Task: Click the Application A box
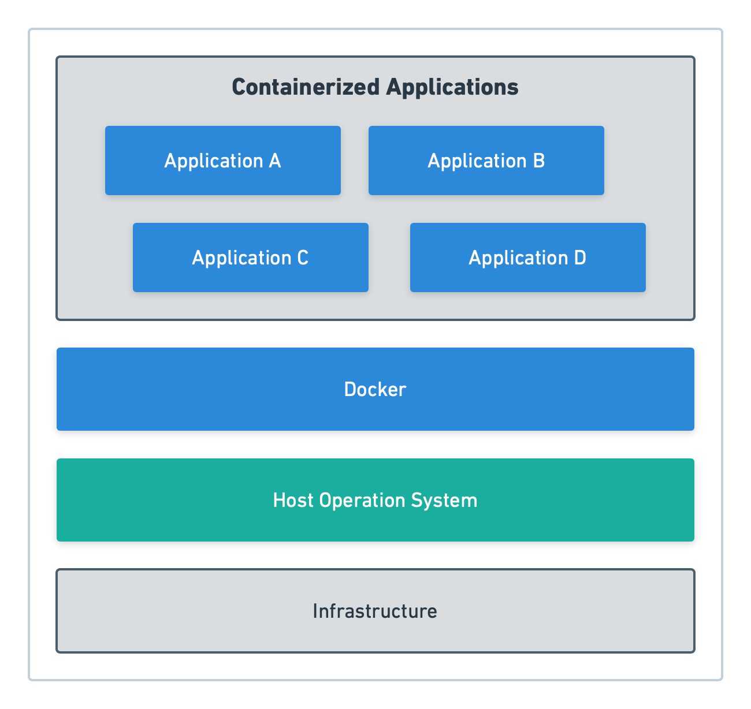click(x=222, y=161)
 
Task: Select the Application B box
click(x=486, y=161)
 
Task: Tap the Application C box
click(x=250, y=258)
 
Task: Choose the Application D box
click(x=527, y=258)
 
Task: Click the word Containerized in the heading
click(x=306, y=87)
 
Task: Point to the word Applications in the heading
click(x=452, y=87)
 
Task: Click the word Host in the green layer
click(x=293, y=500)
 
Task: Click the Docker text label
click(x=375, y=389)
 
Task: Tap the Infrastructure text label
click(x=375, y=611)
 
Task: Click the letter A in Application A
click(x=275, y=161)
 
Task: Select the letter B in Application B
click(x=539, y=161)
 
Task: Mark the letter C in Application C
click(x=303, y=258)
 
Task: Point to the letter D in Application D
click(x=580, y=258)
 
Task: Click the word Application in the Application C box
click(x=241, y=258)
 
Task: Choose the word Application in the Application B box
click(x=477, y=161)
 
